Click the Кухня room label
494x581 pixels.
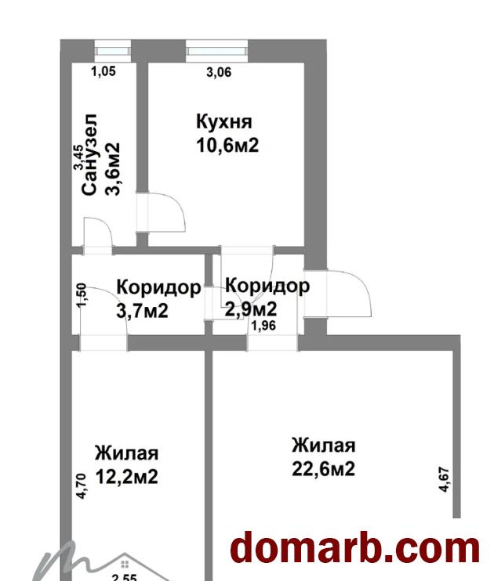click(223, 122)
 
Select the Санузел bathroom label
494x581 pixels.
click(89, 153)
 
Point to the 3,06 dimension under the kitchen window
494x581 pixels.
click(219, 73)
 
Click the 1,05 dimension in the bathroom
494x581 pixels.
click(104, 72)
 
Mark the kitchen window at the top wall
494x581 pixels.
click(217, 52)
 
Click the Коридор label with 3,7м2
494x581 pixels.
click(158, 287)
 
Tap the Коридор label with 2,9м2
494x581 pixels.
click(267, 286)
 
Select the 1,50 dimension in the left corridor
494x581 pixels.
click(82, 296)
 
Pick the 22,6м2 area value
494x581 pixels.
click(323, 469)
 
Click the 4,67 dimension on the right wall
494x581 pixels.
click(445, 478)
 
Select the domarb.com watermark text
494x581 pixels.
click(354, 547)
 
